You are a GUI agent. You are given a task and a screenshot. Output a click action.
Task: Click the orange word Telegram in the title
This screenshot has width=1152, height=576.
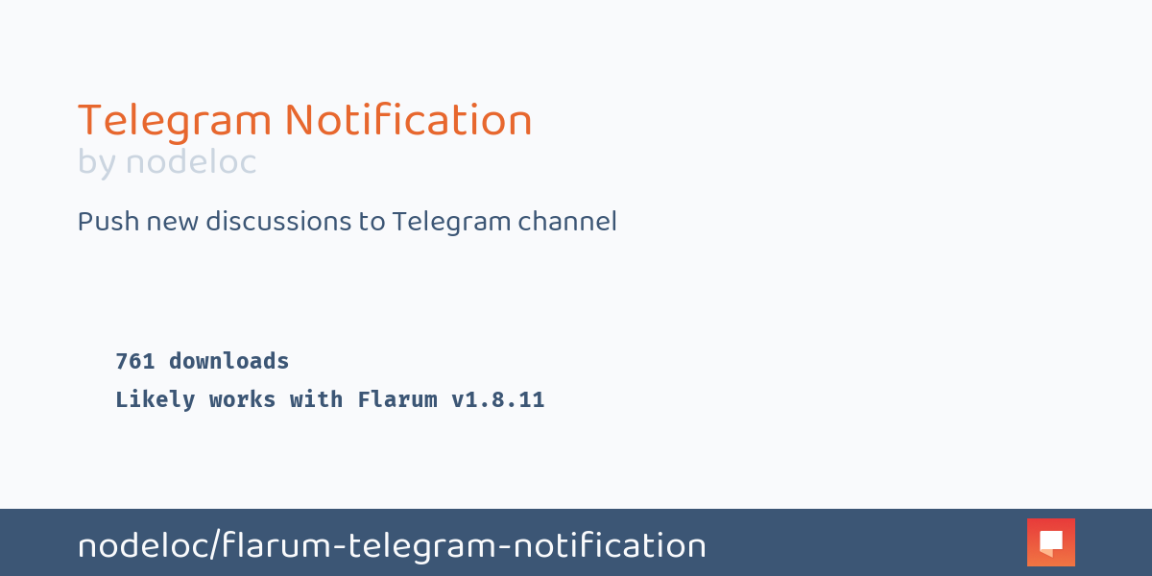pyautogui.click(x=175, y=122)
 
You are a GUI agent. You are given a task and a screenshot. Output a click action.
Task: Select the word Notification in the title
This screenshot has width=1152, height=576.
pyautogui.click(x=408, y=120)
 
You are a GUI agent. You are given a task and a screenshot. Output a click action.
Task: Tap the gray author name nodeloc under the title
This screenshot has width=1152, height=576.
pyautogui.click(x=191, y=162)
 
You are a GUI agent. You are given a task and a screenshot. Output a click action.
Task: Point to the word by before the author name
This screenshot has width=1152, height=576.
pyautogui.click(x=97, y=163)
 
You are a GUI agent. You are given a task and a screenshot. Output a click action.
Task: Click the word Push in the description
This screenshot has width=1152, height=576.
pyautogui.click(x=105, y=222)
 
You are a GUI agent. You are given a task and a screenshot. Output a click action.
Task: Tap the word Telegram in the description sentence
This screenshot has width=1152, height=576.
pyautogui.click(x=451, y=223)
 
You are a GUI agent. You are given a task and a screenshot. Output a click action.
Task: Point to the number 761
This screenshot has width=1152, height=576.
pyautogui.click(x=135, y=362)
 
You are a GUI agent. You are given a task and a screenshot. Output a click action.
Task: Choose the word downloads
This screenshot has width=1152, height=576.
pyautogui.click(x=229, y=362)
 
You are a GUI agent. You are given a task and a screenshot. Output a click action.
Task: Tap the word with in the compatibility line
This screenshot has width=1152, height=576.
pyautogui.click(x=317, y=400)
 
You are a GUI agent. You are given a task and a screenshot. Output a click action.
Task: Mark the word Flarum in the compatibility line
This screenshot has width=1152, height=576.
pyautogui.click(x=397, y=400)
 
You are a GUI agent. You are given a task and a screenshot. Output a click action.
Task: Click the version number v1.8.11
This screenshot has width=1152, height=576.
pyautogui.click(x=498, y=400)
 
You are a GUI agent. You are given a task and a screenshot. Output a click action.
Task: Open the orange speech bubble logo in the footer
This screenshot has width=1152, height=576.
pyautogui.click(x=1051, y=542)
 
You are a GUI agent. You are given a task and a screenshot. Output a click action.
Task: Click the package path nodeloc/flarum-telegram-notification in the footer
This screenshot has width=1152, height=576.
pyautogui.click(x=392, y=546)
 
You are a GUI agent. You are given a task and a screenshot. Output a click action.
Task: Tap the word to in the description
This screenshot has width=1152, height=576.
pyautogui.click(x=372, y=223)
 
